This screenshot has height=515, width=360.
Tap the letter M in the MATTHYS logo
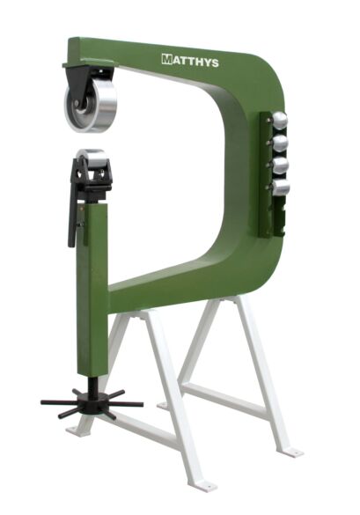pyautogui.click(x=166, y=59)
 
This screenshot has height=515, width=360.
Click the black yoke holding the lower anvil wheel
pyautogui.click(x=92, y=180)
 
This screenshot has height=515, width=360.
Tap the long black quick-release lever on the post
pyautogui.click(x=73, y=216)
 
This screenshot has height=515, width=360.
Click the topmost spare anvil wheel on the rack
pyautogui.click(x=280, y=121)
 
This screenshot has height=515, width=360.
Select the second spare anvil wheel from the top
pyautogui.click(x=280, y=143)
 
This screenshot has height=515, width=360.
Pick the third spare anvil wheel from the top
pyautogui.click(x=280, y=166)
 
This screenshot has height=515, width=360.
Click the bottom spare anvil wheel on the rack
pyautogui.click(x=280, y=187)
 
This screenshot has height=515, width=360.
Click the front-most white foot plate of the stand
pyautogui.click(x=203, y=485)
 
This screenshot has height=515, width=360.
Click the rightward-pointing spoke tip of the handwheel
pyautogui.click(x=139, y=405)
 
